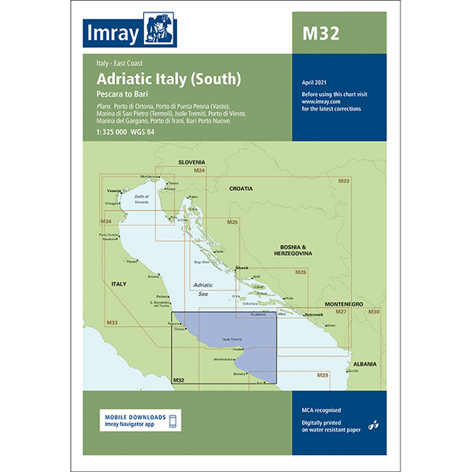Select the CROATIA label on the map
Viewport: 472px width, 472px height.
point(240,189)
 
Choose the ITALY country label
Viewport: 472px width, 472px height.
point(118,283)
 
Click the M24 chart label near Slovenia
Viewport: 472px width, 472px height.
point(199,171)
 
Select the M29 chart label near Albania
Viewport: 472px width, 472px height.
point(322,376)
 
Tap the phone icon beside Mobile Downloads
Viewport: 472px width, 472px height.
point(173,421)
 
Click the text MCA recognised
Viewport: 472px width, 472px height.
point(321,409)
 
